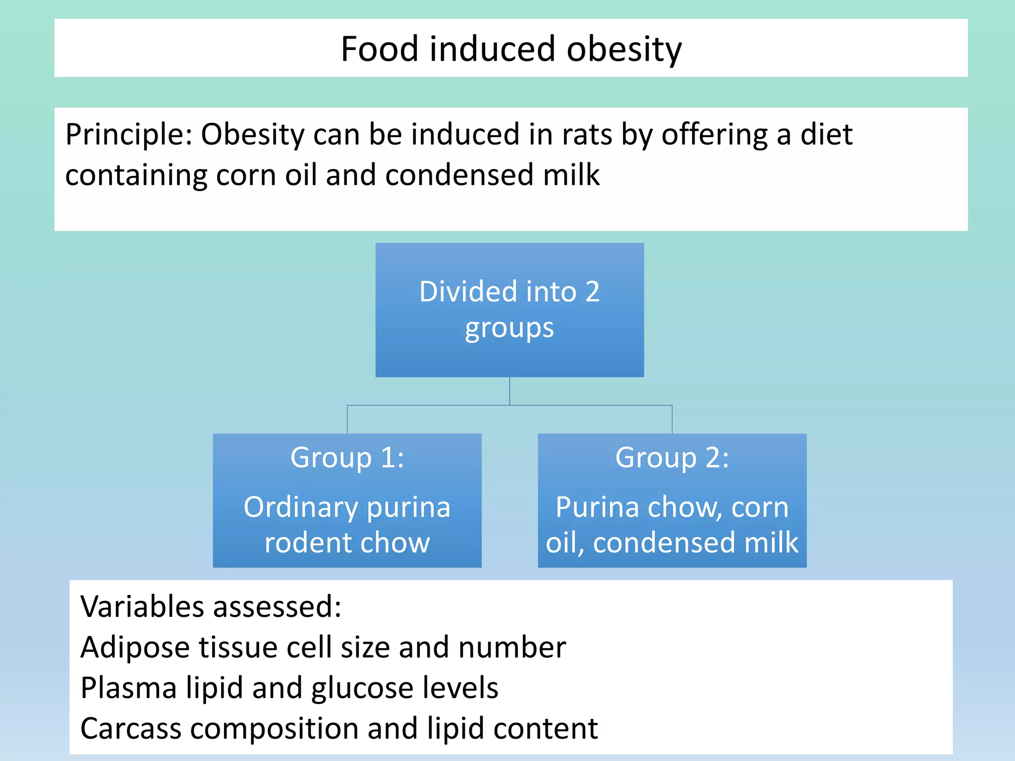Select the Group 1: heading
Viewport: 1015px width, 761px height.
347,457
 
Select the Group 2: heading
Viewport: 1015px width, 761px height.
672,457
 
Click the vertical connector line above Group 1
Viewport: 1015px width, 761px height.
347,420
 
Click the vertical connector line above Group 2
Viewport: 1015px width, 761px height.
672,420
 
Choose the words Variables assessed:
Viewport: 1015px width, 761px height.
211,607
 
